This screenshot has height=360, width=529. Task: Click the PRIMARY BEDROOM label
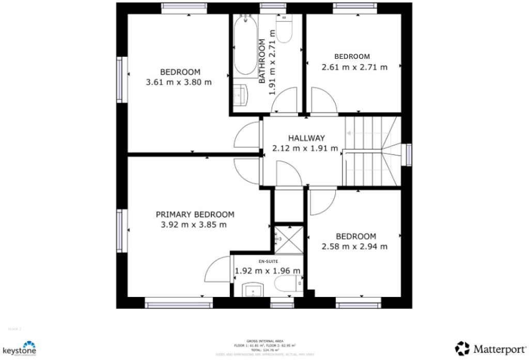(195, 214)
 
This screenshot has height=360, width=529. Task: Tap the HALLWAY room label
(306, 138)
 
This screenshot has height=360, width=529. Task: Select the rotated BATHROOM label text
(262, 61)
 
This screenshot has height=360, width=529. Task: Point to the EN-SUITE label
(268, 261)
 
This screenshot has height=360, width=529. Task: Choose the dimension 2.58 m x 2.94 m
(354, 246)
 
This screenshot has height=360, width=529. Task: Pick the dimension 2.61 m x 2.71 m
(354, 67)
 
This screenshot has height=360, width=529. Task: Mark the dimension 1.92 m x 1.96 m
(268, 271)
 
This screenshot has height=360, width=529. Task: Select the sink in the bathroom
(240, 96)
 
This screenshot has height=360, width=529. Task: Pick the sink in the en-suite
(253, 290)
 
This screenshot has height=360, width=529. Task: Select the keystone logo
(19, 348)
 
